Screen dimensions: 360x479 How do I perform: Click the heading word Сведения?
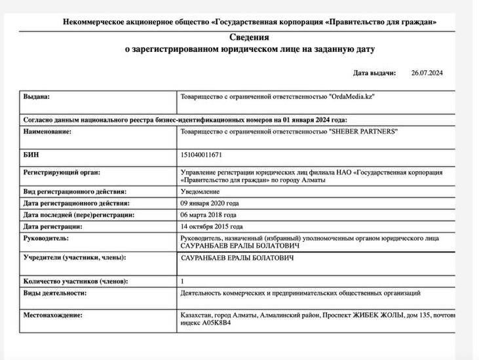[250, 37]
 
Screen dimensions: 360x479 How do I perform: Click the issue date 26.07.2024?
[427, 73]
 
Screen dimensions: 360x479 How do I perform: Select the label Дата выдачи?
[375, 73]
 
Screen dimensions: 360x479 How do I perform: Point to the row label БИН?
[31, 155]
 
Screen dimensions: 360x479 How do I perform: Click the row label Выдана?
[36, 96]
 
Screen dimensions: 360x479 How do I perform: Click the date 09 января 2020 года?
[213, 203]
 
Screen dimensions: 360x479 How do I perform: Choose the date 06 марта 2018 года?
[208, 214]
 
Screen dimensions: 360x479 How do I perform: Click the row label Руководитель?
[46, 238]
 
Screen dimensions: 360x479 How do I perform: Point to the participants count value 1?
[182, 281]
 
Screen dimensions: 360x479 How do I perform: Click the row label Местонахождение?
[53, 315]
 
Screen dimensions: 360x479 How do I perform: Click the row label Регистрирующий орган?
[62, 172]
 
